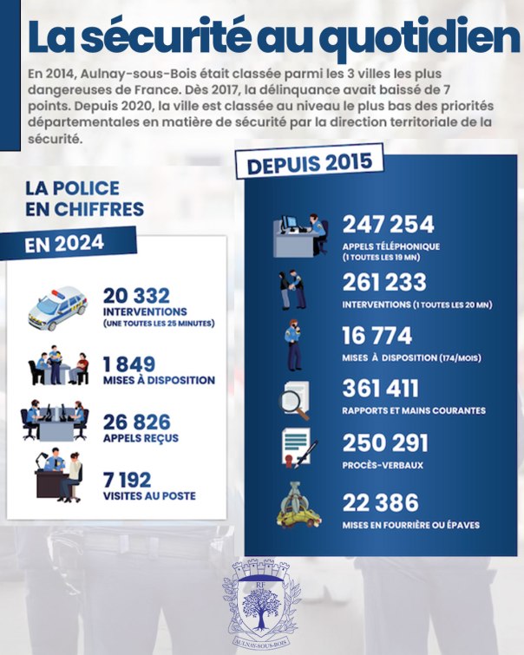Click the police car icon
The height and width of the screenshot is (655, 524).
(58, 305)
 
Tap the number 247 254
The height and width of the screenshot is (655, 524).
(388, 225)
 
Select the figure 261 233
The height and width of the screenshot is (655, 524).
(384, 283)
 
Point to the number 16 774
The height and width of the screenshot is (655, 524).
(377, 336)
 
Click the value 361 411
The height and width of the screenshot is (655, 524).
(380, 389)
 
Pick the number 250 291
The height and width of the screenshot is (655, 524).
(385, 443)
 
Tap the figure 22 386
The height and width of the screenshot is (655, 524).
(381, 502)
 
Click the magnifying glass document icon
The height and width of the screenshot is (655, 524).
(292, 397)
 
